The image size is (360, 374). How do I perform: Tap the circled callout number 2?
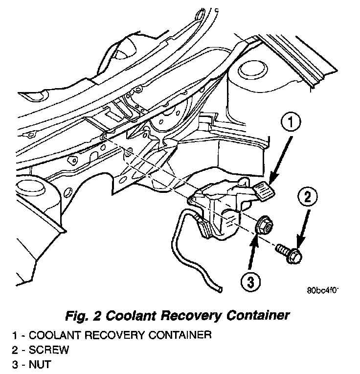click(x=307, y=198)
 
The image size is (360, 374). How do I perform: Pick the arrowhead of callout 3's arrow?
click(x=255, y=236)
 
